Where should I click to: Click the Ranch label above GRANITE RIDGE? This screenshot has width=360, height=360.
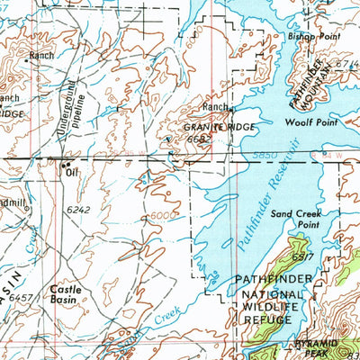[x=215, y=107]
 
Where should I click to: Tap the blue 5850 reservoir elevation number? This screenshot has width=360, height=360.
[x=291, y=155]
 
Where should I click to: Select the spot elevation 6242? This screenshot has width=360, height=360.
[x=79, y=209]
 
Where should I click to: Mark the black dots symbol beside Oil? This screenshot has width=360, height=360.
[x=65, y=166]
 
